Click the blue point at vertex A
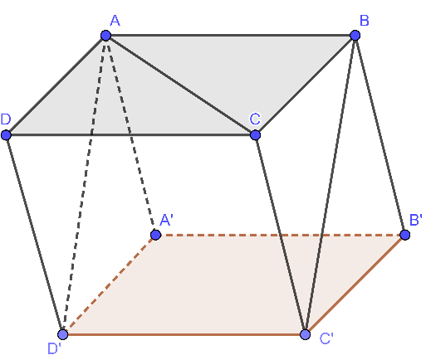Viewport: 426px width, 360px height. coord(105,36)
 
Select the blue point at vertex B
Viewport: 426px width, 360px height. coord(355,36)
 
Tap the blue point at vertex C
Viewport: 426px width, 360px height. coord(255,135)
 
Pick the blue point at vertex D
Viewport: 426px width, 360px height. coord(6,135)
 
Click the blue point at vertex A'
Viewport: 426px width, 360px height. coord(156,235)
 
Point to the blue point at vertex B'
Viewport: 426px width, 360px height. coord(405,235)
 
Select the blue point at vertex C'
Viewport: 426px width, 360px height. coord(306,334)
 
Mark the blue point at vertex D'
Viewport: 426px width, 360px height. coord(63,334)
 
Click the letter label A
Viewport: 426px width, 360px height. coord(115,21)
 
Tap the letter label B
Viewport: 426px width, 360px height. coord(365,21)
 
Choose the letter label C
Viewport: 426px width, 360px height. coord(255,119)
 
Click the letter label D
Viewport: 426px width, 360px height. coord(6,119)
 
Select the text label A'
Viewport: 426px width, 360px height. coord(167,221)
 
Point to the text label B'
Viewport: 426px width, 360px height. coord(416,220)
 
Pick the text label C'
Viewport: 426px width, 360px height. coord(326,338)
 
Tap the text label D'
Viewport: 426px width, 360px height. coord(54,348)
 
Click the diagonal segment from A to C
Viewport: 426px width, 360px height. coord(180,85)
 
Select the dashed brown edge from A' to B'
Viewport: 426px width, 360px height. coord(281,235)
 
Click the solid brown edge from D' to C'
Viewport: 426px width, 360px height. coord(184,334)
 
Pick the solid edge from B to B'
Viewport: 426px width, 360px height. coord(380,135)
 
